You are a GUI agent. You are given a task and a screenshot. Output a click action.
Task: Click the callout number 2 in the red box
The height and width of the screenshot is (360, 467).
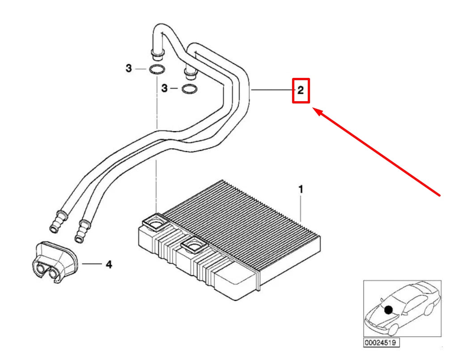pos(301,90)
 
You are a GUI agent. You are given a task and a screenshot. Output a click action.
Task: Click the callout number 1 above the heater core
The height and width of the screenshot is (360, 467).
pos(301,189)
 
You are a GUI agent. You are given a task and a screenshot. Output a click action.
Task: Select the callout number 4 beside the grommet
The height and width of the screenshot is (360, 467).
pos(109,264)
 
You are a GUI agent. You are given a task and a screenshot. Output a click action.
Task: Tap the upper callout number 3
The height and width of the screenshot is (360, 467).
pos(129,68)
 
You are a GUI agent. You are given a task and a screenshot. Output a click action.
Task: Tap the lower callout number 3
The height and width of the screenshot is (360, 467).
pos(165,88)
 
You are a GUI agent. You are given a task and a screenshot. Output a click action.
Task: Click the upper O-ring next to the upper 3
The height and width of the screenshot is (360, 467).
pos(157,70)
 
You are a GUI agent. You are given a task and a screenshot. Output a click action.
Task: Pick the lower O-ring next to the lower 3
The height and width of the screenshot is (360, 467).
pos(189,89)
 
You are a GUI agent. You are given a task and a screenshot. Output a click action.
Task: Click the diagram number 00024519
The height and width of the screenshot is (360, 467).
pos(381,343)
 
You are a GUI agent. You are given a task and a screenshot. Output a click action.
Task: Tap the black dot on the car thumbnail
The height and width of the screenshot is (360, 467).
pos(388,310)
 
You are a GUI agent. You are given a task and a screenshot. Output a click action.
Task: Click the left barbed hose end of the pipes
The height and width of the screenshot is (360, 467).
pos(58,222)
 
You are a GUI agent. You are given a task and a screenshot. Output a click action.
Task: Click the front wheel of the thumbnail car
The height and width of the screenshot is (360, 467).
pos(393,329)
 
